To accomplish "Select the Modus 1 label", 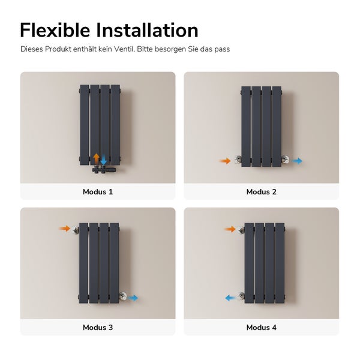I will pos(98,192).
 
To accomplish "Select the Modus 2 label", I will pos(262,192).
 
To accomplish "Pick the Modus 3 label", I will pos(98,328).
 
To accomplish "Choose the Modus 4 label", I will pos(262,328).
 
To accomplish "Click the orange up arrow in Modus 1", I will pos(96,158).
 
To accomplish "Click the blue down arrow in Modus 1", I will pos(104,158).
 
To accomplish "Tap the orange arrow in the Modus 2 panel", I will pos(225,161).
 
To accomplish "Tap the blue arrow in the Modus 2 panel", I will pos(297,161).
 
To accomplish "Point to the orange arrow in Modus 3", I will pos(64,229).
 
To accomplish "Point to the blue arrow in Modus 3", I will pos(133,298).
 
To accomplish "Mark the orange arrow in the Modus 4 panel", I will pos(229,229).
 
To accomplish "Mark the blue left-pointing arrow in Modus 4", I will pos(229,297).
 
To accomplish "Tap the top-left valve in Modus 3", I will pos(75,230).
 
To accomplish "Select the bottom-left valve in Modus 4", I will pos(241,296).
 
